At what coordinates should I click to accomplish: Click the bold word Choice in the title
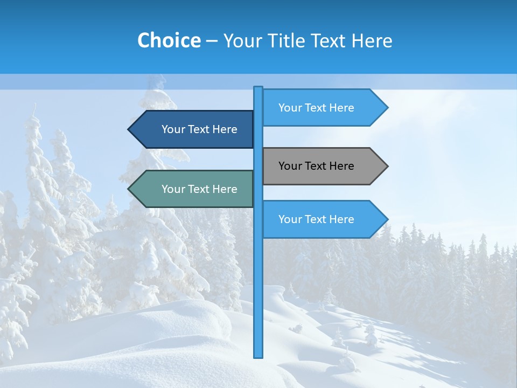[x=169, y=40]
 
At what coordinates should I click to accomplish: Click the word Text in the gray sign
[x=316, y=166]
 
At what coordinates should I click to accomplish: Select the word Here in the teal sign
[x=225, y=189]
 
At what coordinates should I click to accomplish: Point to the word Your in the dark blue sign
[x=173, y=129]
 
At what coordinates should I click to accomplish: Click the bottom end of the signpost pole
[x=258, y=356]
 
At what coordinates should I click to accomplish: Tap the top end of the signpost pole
[x=258, y=88]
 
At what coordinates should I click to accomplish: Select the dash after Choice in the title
[x=212, y=41]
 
